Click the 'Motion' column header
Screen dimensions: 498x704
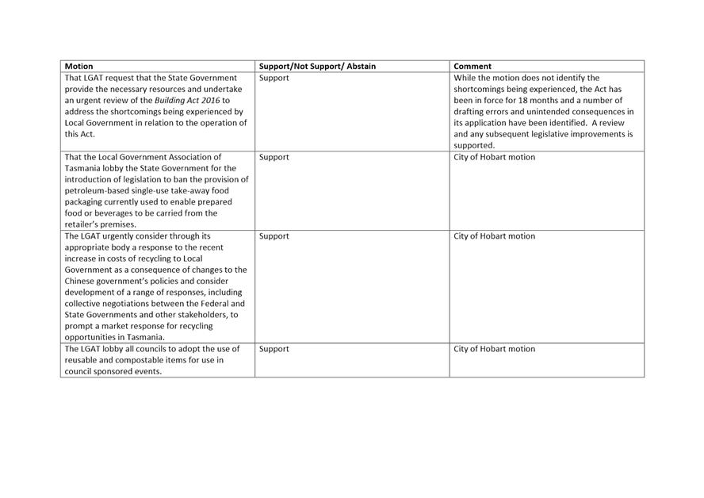coord(78,67)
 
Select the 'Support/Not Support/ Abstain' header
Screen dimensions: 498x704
coord(317,67)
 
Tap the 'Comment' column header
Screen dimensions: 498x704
coord(473,67)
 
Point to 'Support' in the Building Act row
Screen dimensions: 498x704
coord(274,79)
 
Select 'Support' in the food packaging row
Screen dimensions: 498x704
coord(274,157)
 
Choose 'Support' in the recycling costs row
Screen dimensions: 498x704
coord(274,236)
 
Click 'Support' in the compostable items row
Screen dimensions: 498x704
coord(274,349)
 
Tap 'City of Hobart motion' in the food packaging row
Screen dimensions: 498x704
coord(494,157)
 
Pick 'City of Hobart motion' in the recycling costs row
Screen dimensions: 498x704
coord(494,236)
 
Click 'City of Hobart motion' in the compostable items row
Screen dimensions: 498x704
coord(494,349)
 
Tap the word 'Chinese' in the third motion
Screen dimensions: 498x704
coord(79,282)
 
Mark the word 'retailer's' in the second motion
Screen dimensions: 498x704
coord(83,224)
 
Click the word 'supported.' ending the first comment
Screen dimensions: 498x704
coord(474,146)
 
